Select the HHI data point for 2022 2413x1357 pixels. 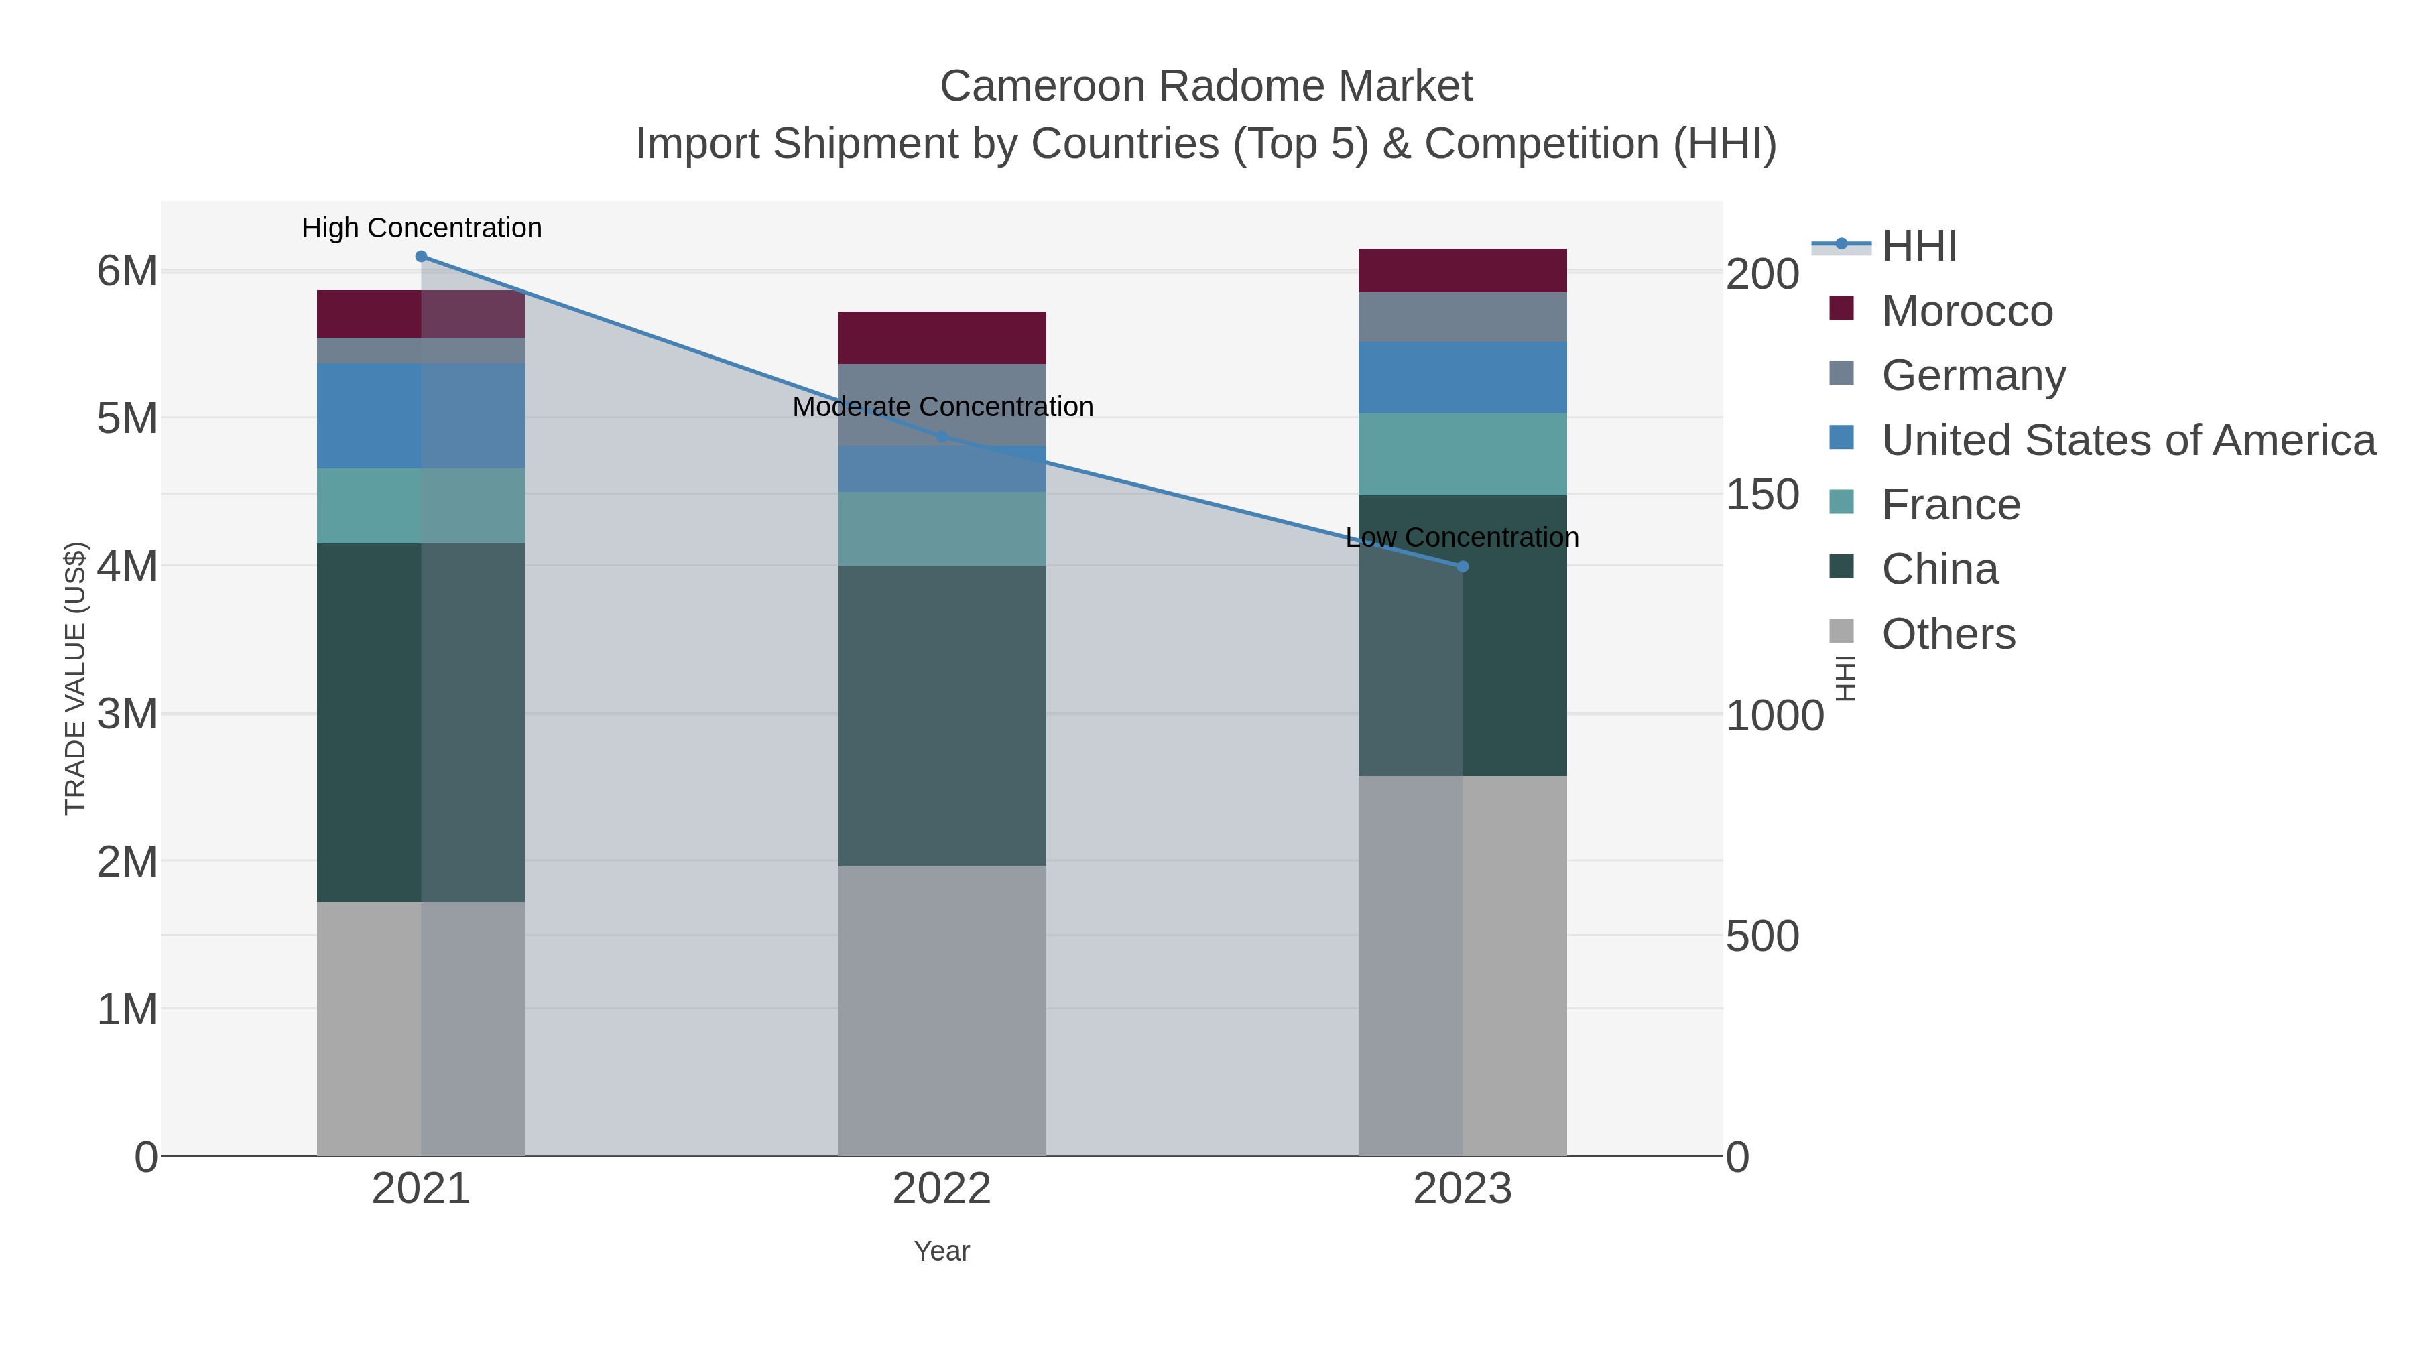[x=942, y=436]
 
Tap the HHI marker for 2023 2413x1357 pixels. [x=1463, y=566]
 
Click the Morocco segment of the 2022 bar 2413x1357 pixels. [x=942, y=337]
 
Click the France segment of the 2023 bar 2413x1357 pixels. [x=1463, y=454]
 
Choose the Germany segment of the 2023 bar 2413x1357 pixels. [x=1463, y=318]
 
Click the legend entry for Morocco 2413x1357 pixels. [x=1967, y=311]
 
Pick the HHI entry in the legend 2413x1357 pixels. [x=1920, y=247]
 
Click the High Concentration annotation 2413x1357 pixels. [x=422, y=229]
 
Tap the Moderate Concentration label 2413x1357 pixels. [x=942, y=407]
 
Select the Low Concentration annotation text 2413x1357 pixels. [x=1463, y=537]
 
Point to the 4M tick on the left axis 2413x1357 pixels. [x=127, y=566]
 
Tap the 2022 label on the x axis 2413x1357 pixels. [x=942, y=1190]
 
